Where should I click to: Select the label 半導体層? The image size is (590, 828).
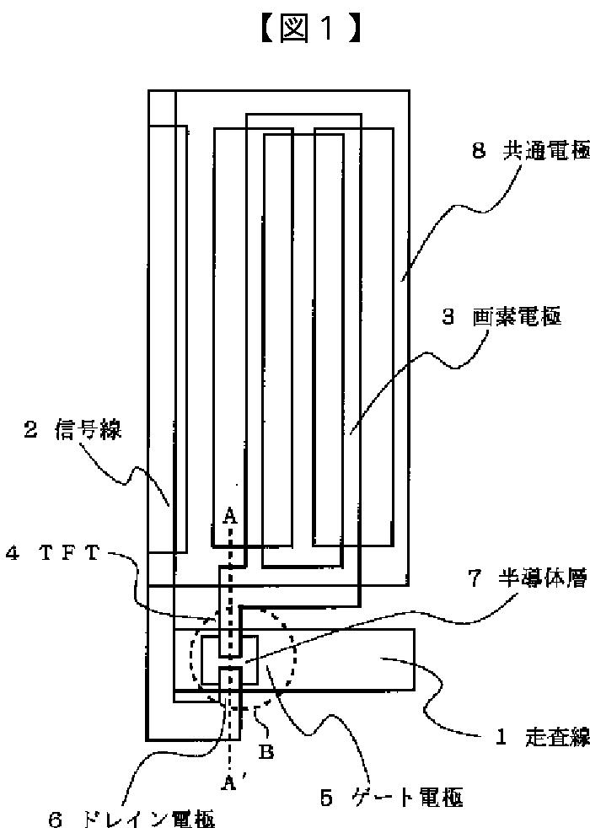click(x=549, y=579)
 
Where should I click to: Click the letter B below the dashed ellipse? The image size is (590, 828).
click(x=265, y=752)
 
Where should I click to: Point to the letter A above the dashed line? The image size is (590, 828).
click(x=228, y=516)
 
